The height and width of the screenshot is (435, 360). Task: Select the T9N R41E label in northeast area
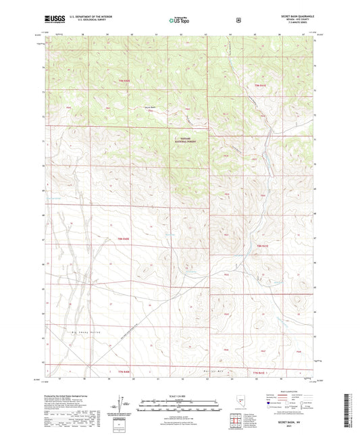point(261,86)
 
